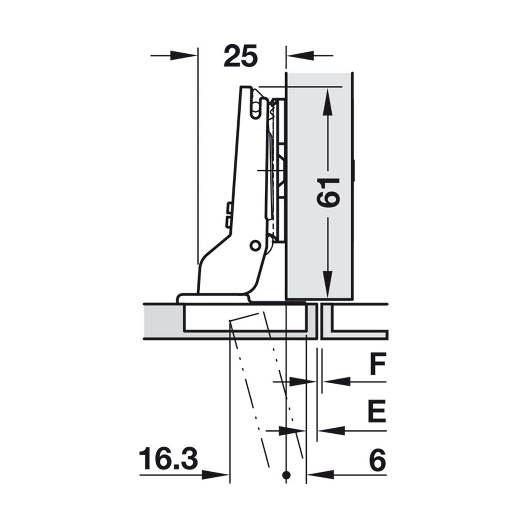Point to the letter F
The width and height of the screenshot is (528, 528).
coord(378,363)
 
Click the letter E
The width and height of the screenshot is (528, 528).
coord(377,411)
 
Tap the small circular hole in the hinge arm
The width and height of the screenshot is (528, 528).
coord(255,246)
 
